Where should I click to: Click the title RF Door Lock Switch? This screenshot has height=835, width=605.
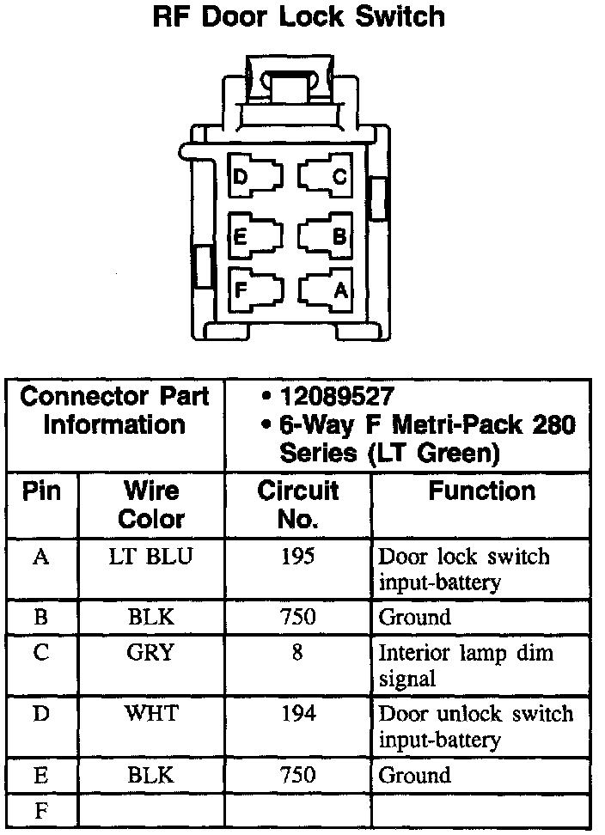pyautogui.click(x=298, y=17)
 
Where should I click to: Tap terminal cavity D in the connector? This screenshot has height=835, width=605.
pyautogui.click(x=255, y=175)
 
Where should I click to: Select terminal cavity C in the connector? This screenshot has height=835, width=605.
pyautogui.click(x=326, y=175)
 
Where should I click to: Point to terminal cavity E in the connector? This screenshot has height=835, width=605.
pyautogui.click(x=255, y=235)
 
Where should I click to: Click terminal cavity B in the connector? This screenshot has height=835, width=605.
pyautogui.click(x=326, y=235)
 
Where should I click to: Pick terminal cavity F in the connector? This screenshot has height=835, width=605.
pyautogui.click(x=255, y=290)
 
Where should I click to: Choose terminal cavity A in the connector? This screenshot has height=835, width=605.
pyautogui.click(x=326, y=290)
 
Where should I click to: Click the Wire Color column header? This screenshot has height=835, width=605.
pyautogui.click(x=151, y=504)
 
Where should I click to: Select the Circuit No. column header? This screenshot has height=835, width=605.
pyautogui.click(x=297, y=504)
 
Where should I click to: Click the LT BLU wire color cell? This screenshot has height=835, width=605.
pyautogui.click(x=150, y=557)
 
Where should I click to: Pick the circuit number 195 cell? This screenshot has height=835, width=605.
pyautogui.click(x=297, y=557)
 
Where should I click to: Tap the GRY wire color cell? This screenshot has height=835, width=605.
pyautogui.click(x=150, y=652)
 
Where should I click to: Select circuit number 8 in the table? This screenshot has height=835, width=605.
pyautogui.click(x=297, y=652)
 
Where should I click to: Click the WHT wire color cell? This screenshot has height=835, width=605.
pyautogui.click(x=151, y=713)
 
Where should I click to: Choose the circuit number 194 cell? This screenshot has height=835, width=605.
pyautogui.click(x=298, y=713)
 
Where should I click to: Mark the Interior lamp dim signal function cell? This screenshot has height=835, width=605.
pyautogui.click(x=466, y=665)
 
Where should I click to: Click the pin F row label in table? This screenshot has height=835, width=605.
pyautogui.click(x=41, y=811)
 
